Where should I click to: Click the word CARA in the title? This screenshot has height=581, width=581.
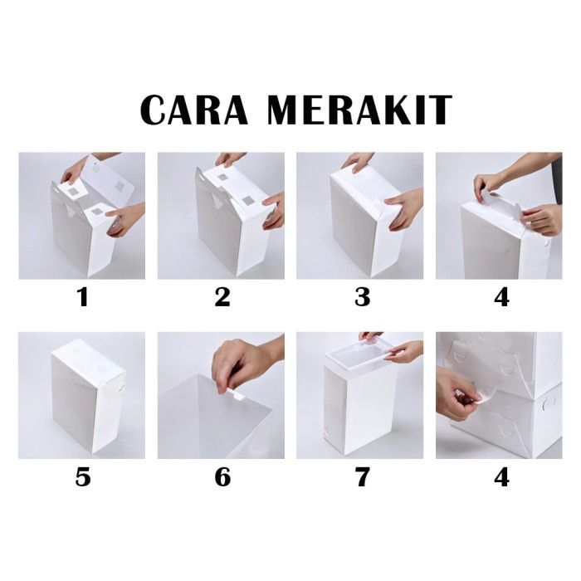pyautogui.click(x=193, y=110)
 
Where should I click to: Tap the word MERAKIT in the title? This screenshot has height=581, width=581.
pyautogui.click(x=359, y=110)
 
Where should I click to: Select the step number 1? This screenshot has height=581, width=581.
pyautogui.click(x=83, y=297)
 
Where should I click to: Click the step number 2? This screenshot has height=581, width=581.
pyautogui.click(x=222, y=297)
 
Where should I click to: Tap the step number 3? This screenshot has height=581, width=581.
pyautogui.click(x=362, y=297)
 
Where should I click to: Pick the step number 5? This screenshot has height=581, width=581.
pyautogui.click(x=83, y=477)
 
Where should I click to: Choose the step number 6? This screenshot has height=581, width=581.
pyautogui.click(x=222, y=477)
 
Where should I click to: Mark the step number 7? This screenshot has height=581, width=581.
pyautogui.click(x=362, y=477)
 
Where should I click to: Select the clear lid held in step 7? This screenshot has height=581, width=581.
pyautogui.click(x=358, y=354)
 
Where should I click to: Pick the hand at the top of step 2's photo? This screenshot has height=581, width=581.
pyautogui.click(x=231, y=159)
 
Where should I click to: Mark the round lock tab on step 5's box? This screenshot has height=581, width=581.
pyautogui.click(x=120, y=388)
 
